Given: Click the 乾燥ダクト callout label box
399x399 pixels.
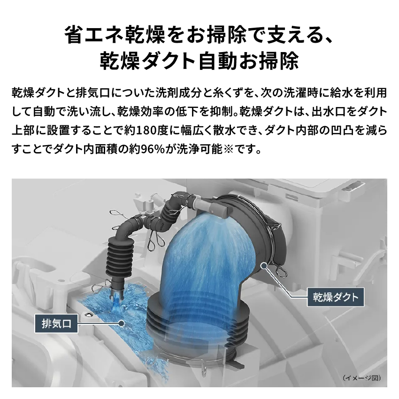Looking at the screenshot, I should tap(336, 297).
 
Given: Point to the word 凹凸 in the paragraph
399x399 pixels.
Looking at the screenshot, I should tap(349, 130).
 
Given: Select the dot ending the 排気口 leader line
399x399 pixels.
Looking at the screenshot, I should tap(121, 323).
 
